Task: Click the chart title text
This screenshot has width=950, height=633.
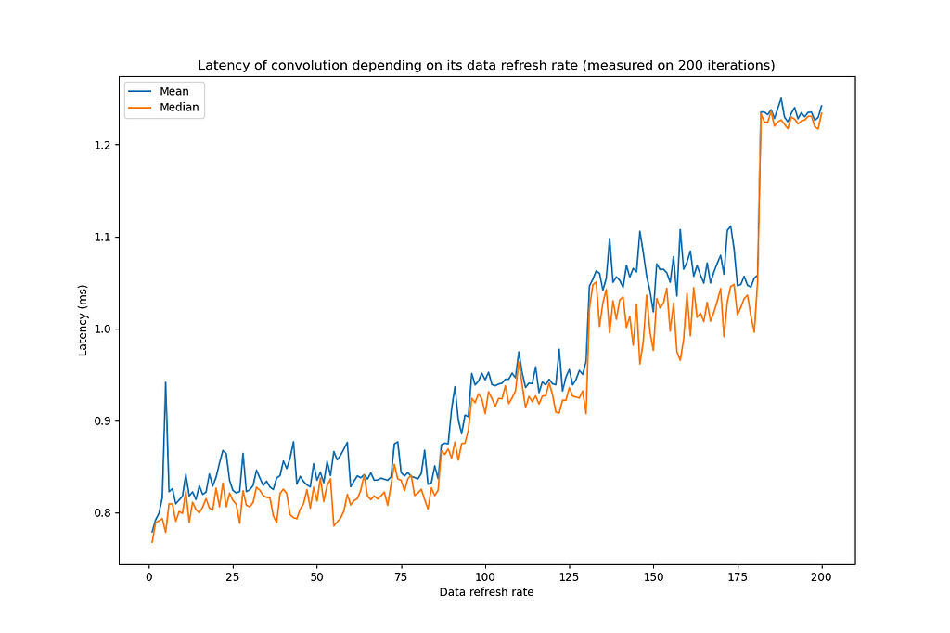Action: click(486, 65)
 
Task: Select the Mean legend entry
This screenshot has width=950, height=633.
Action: click(173, 92)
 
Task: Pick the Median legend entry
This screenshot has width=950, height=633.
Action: click(178, 108)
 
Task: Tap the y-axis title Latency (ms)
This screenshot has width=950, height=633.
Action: click(83, 320)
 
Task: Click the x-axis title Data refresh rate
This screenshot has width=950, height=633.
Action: click(486, 593)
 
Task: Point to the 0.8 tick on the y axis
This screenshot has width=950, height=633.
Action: click(101, 513)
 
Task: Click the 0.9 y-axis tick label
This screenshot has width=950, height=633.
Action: click(101, 421)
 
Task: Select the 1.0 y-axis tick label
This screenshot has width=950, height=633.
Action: click(101, 329)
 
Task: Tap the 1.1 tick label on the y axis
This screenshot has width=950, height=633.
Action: click(101, 238)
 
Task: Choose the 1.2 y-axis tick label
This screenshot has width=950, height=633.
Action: click(101, 146)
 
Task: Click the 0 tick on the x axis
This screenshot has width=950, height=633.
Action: click(148, 576)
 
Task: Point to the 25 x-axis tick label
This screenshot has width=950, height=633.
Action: click(233, 576)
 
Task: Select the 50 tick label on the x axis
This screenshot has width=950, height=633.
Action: click(317, 576)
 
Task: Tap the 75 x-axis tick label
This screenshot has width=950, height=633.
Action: click(402, 576)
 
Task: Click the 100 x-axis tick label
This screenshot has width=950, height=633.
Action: click(485, 576)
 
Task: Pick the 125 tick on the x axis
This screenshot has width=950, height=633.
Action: click(570, 576)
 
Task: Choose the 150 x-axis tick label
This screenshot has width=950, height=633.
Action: click(654, 576)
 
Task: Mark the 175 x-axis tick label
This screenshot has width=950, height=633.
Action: click(738, 576)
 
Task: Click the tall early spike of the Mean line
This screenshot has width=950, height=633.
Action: click(166, 382)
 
